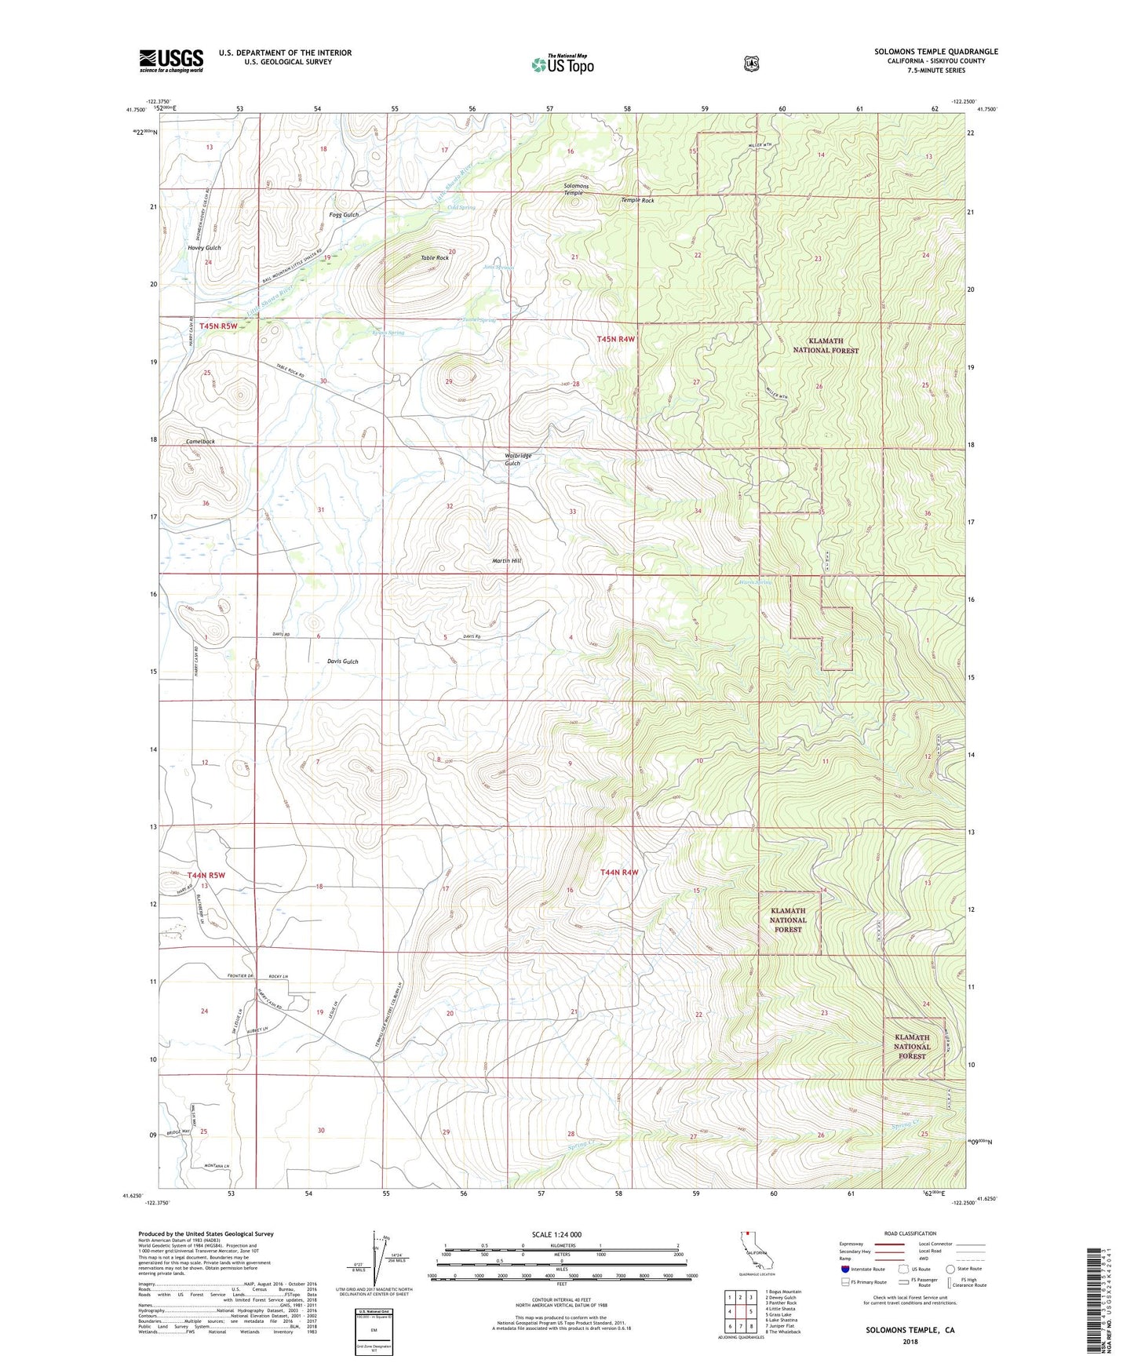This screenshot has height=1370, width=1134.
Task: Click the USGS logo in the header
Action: (x=171, y=60)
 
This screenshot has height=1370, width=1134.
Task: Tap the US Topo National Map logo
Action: (x=562, y=64)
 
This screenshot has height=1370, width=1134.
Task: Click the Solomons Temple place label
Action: (x=575, y=189)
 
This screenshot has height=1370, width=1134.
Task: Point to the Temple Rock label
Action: (x=637, y=201)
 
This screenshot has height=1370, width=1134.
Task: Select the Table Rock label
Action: (x=435, y=258)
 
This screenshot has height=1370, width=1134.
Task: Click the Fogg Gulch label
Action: (x=344, y=215)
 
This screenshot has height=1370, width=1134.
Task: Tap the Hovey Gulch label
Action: (x=204, y=248)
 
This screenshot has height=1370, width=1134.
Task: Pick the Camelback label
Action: (x=200, y=442)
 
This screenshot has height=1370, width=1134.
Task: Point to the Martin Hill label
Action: (x=506, y=561)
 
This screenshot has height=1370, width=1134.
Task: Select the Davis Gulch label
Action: (x=342, y=661)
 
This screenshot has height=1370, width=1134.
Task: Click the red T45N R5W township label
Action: (x=218, y=326)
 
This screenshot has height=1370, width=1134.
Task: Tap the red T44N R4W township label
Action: (x=619, y=873)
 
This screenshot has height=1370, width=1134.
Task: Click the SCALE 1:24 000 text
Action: (x=556, y=1234)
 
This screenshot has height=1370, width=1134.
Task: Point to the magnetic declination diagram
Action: (x=375, y=1258)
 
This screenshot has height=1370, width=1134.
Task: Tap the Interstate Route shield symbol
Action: (x=844, y=1269)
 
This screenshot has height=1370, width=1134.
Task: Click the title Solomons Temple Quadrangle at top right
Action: (x=936, y=52)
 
